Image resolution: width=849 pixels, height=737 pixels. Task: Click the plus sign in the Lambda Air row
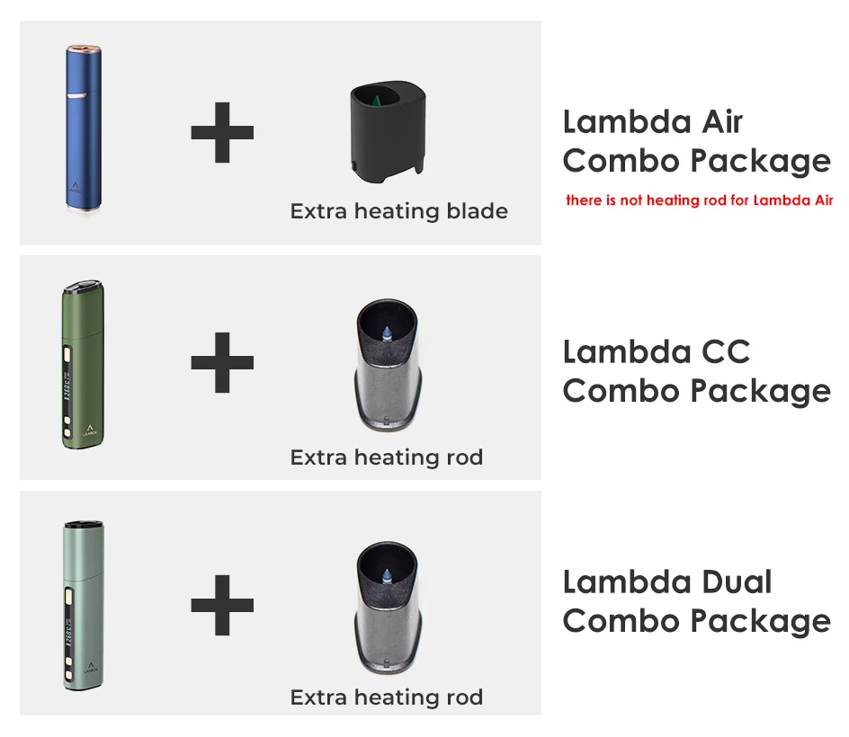(x=222, y=133)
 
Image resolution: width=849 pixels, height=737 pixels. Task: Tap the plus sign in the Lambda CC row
(x=222, y=362)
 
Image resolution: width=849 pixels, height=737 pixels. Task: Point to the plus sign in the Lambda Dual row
(x=222, y=604)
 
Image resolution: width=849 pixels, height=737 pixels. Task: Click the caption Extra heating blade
(x=398, y=212)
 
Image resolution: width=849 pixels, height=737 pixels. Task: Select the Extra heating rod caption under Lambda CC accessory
(x=386, y=457)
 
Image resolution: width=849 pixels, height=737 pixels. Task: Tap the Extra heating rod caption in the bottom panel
(x=386, y=697)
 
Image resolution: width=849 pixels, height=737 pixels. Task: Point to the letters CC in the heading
(x=721, y=351)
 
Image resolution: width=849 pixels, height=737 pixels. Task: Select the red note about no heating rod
(x=699, y=200)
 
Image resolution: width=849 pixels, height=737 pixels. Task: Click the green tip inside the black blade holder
(x=377, y=94)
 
